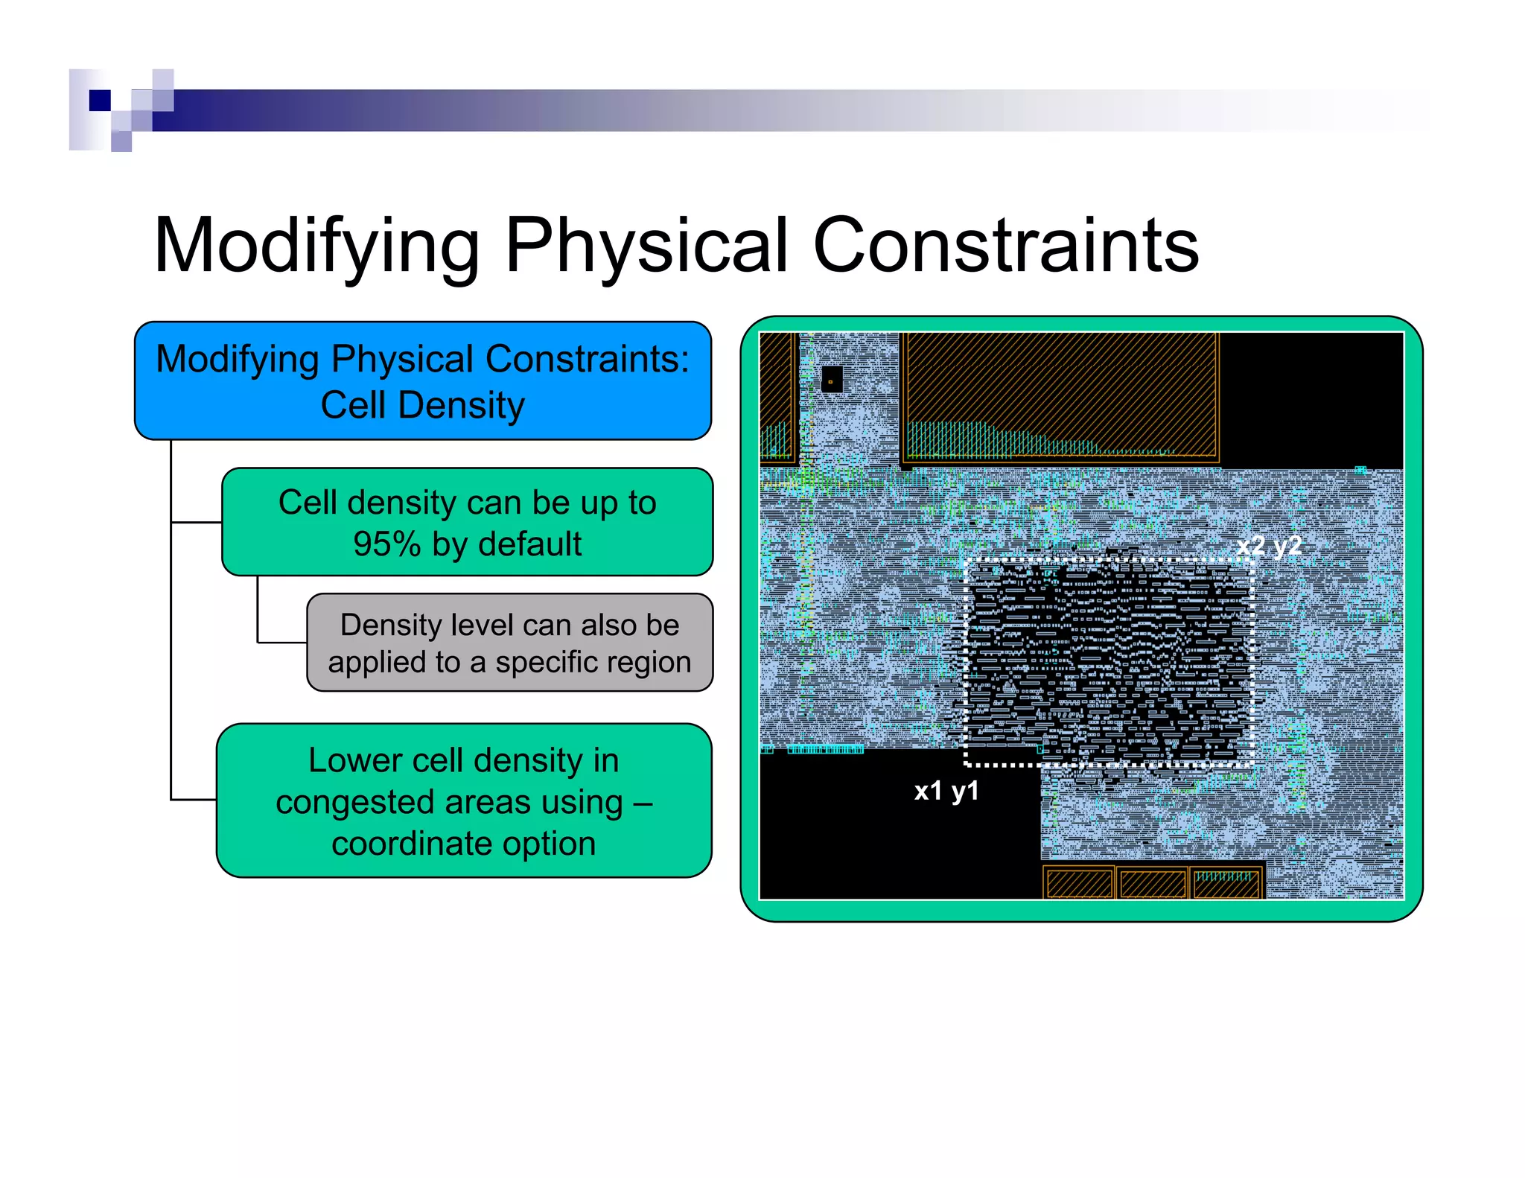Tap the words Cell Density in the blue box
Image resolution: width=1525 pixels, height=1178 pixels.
(x=422, y=406)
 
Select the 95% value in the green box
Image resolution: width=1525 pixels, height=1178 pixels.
(x=386, y=544)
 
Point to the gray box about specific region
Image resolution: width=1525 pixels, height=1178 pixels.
(x=509, y=642)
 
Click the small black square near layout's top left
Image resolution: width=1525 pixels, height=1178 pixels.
(x=831, y=380)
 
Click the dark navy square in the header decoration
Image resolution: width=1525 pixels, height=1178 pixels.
(x=100, y=100)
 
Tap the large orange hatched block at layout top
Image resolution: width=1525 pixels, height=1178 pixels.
(x=1060, y=395)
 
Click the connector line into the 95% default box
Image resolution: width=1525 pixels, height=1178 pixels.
(x=197, y=523)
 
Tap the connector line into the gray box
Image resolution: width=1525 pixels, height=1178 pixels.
(x=281, y=642)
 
